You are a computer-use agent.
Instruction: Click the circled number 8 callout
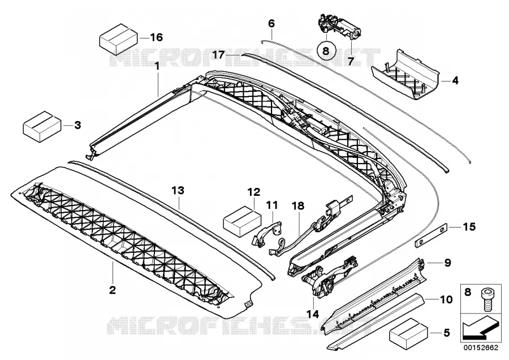326,50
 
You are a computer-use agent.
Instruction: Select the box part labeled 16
118,39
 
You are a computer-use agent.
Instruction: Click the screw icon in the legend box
486,298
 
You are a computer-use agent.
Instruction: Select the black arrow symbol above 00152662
479,331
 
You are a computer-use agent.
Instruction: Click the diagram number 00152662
480,348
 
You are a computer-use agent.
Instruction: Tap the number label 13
178,190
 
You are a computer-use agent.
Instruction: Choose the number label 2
113,289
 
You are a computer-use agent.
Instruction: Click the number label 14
313,314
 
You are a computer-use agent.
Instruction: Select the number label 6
271,23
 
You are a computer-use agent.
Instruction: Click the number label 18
298,205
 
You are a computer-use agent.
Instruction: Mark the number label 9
448,262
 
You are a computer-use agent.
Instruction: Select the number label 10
446,299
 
